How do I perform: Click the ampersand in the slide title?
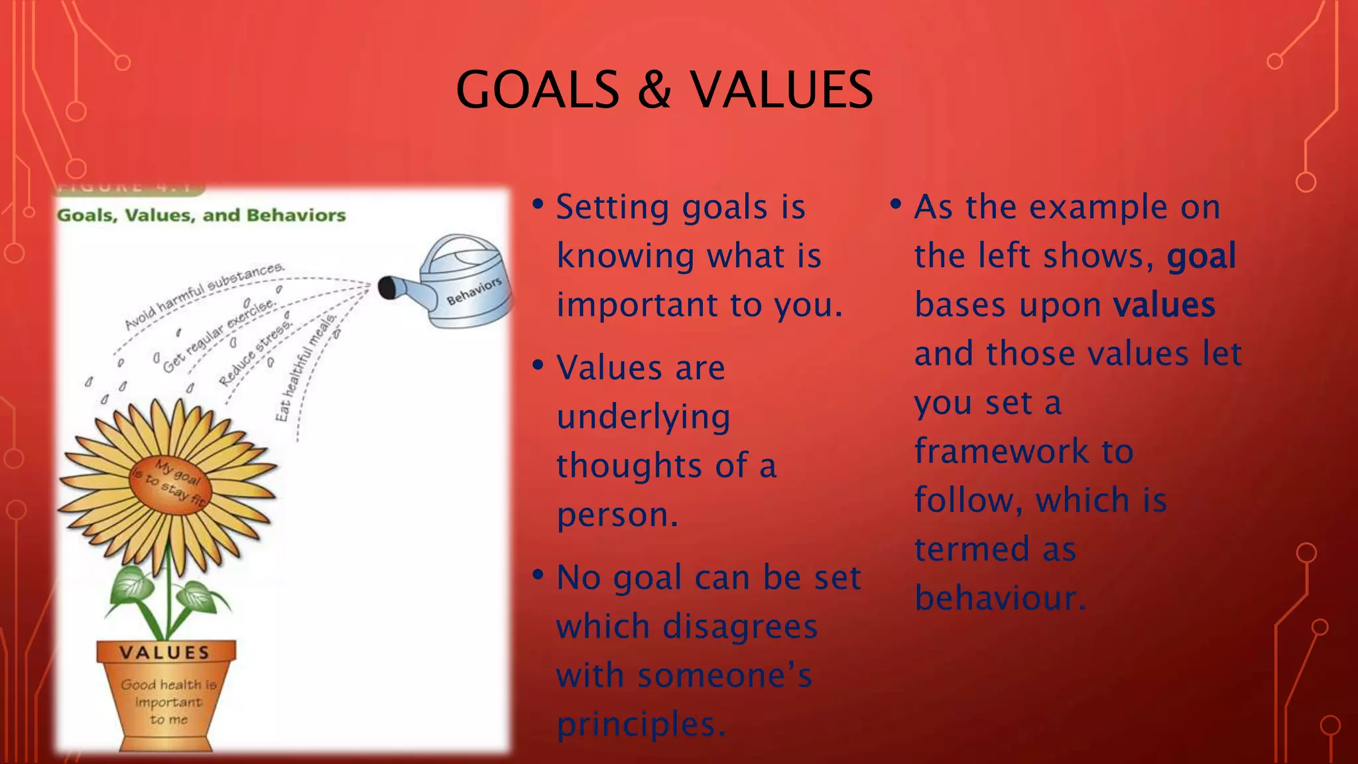click(x=654, y=90)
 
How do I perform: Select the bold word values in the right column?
click(x=1164, y=305)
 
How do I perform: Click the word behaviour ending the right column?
click(x=1000, y=598)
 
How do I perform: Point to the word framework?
click(x=1001, y=452)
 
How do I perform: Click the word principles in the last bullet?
click(x=641, y=724)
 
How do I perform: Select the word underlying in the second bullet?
click(x=643, y=418)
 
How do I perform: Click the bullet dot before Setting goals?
click(x=538, y=204)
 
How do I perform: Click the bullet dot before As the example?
click(x=896, y=204)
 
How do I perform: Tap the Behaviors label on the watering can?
click(x=473, y=292)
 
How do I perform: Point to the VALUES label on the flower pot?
click(x=164, y=653)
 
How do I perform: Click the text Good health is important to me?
click(x=168, y=702)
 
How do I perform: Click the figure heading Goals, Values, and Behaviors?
click(x=202, y=216)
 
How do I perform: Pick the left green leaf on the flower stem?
click(x=133, y=586)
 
